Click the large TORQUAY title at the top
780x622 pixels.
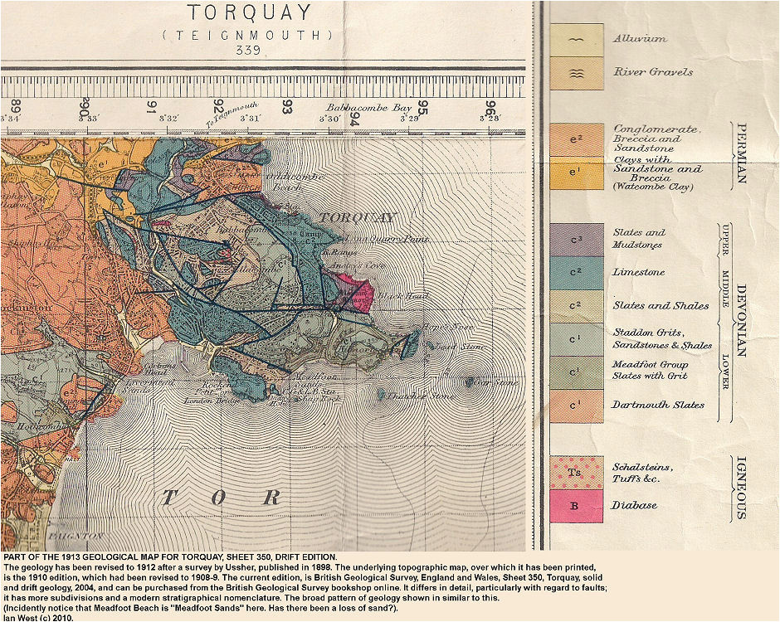pos(250,13)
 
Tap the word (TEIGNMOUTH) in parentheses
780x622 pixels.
pos(248,35)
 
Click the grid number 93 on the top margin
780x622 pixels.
pos(286,106)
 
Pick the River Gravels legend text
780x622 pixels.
pos(652,72)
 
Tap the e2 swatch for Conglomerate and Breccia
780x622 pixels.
pos(576,139)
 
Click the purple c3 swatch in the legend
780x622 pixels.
pos(576,240)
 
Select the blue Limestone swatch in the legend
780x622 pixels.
pos(576,273)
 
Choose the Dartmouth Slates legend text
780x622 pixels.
pos(658,405)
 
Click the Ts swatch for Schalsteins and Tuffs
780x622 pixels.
pos(576,472)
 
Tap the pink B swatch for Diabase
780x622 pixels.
pos(576,505)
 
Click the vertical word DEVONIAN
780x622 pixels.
pos(741,322)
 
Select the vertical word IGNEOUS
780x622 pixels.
pos(741,488)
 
